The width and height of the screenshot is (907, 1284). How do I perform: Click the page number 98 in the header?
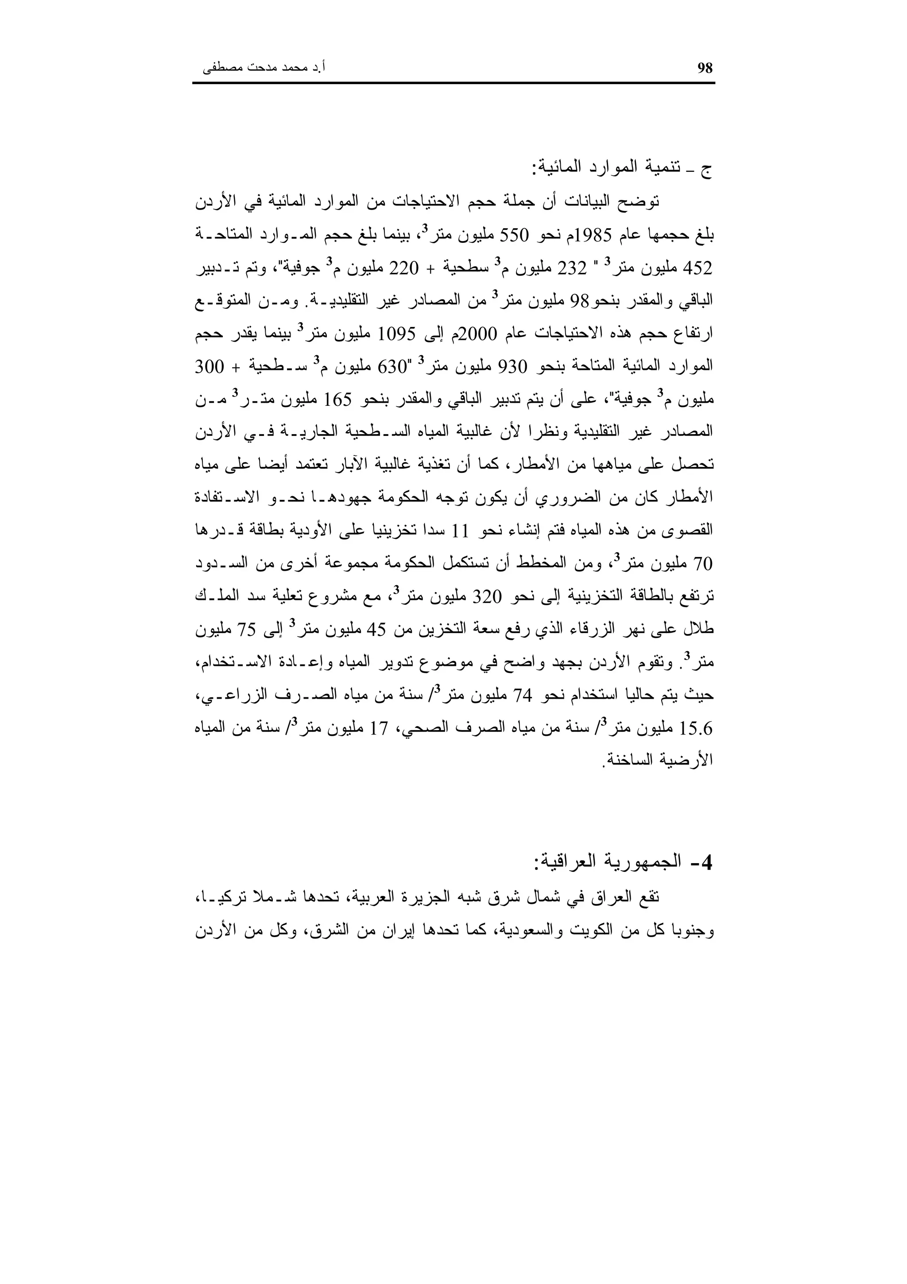click(x=705, y=68)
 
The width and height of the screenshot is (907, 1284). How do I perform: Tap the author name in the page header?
click(x=264, y=68)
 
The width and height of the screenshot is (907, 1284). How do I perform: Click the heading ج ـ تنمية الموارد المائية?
click(x=621, y=168)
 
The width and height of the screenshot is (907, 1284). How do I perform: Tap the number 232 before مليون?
click(x=571, y=268)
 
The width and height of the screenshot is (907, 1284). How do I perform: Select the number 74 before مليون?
click(x=522, y=696)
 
